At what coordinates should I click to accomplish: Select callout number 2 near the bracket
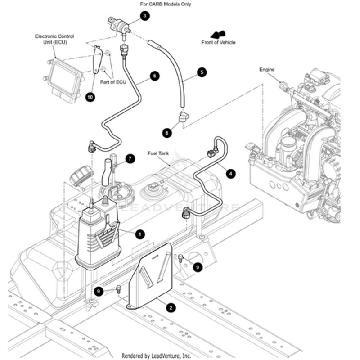pos(171,308)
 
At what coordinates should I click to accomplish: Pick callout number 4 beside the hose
pos(230,173)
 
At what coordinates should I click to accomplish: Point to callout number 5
pos(201,72)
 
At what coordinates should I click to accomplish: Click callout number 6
pos(154,76)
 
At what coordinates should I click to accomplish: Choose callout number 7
pos(130,159)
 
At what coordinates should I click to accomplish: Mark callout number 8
pos(167,133)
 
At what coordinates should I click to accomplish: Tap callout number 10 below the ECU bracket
pos(90,97)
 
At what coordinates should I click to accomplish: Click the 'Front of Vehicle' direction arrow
pos(218,35)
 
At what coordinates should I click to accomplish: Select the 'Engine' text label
pos(267,70)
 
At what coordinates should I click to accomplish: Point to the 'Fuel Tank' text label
pos(158,153)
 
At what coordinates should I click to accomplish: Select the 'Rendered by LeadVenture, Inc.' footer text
pos(156,355)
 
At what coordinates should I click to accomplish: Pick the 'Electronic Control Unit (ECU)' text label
pos(54,39)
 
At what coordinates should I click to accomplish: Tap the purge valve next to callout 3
pos(119,23)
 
